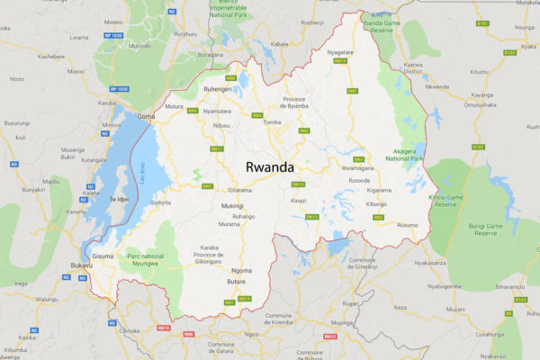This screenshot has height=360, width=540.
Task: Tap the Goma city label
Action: (146, 117)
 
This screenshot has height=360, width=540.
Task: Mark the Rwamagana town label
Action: (357, 167)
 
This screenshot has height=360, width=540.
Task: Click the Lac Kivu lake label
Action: (142, 167)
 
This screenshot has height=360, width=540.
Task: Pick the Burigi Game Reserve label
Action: (485, 229)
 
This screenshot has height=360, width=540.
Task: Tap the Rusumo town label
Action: (407, 224)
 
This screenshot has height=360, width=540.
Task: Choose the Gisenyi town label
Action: (160, 202)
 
